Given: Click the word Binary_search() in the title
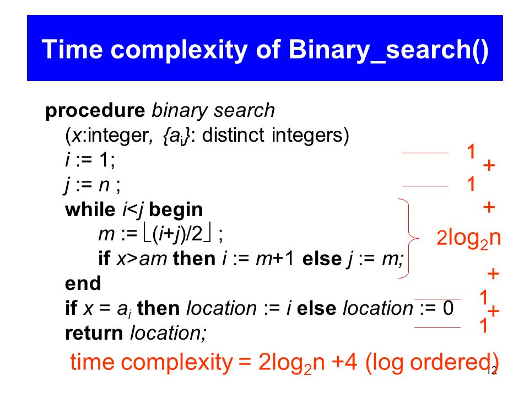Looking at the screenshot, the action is [388, 51].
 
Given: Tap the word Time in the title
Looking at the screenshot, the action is [72, 49].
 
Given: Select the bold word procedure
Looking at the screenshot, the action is [95, 111].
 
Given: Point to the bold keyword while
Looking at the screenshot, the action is [90, 210].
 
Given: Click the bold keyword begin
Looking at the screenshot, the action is [176, 210].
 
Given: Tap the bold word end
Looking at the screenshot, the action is [83, 283].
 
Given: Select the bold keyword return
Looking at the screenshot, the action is [94, 333].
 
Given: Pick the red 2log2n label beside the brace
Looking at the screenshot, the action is [468, 238].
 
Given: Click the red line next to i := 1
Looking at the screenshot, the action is [425, 153].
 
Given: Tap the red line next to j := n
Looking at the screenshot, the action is [425, 186].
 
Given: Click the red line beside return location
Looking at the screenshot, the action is [437, 327].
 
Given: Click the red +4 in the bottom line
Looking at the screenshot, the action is [344, 362].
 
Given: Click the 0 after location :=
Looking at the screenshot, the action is [448, 308].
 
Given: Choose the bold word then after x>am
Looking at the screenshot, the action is [195, 259].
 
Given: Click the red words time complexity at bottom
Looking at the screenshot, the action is [151, 363].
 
